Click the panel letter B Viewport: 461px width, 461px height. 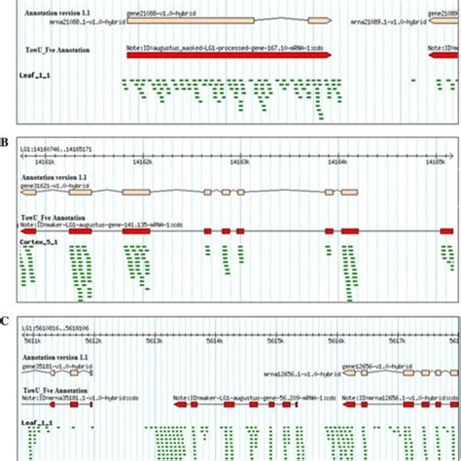tap(6, 142)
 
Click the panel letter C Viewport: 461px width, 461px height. tap(6, 318)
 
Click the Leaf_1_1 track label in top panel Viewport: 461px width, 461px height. tap(38, 73)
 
